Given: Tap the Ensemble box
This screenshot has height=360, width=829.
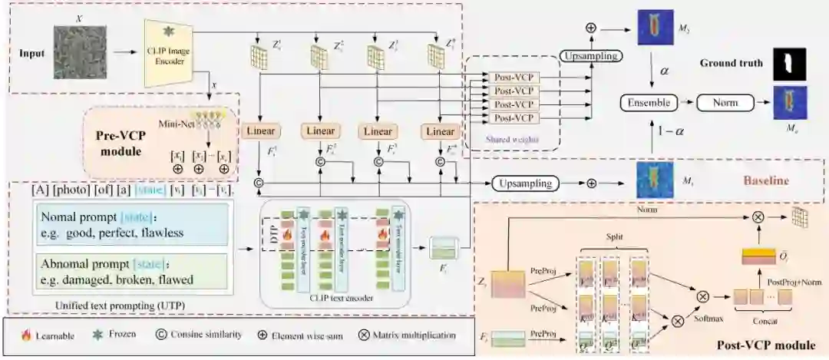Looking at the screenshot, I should (x=648, y=101).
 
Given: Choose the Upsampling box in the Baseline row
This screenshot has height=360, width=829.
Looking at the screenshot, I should (x=525, y=183).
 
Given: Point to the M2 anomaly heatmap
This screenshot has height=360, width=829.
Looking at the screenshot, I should (x=655, y=26).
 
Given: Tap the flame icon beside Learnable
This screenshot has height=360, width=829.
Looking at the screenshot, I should (x=25, y=335).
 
